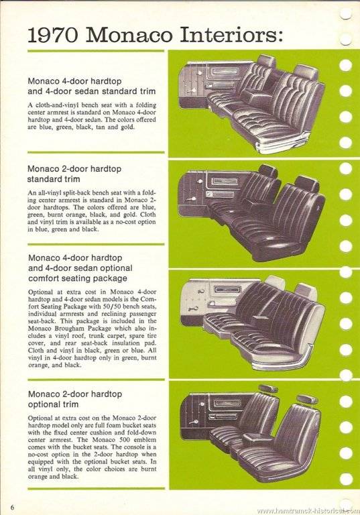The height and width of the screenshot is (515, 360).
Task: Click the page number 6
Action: (13, 507)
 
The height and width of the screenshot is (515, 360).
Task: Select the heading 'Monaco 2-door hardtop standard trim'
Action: (74, 174)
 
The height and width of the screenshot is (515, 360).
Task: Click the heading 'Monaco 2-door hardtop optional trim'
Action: (75, 399)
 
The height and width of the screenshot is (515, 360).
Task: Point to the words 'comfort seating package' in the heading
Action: (78, 278)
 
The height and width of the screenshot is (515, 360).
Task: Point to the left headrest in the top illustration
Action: (266, 62)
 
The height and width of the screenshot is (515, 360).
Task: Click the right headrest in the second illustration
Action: (306, 184)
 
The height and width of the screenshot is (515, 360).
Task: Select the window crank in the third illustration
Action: (194, 308)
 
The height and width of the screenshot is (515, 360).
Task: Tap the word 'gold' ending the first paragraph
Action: (127, 127)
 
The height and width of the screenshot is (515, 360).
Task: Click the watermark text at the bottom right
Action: (308, 511)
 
